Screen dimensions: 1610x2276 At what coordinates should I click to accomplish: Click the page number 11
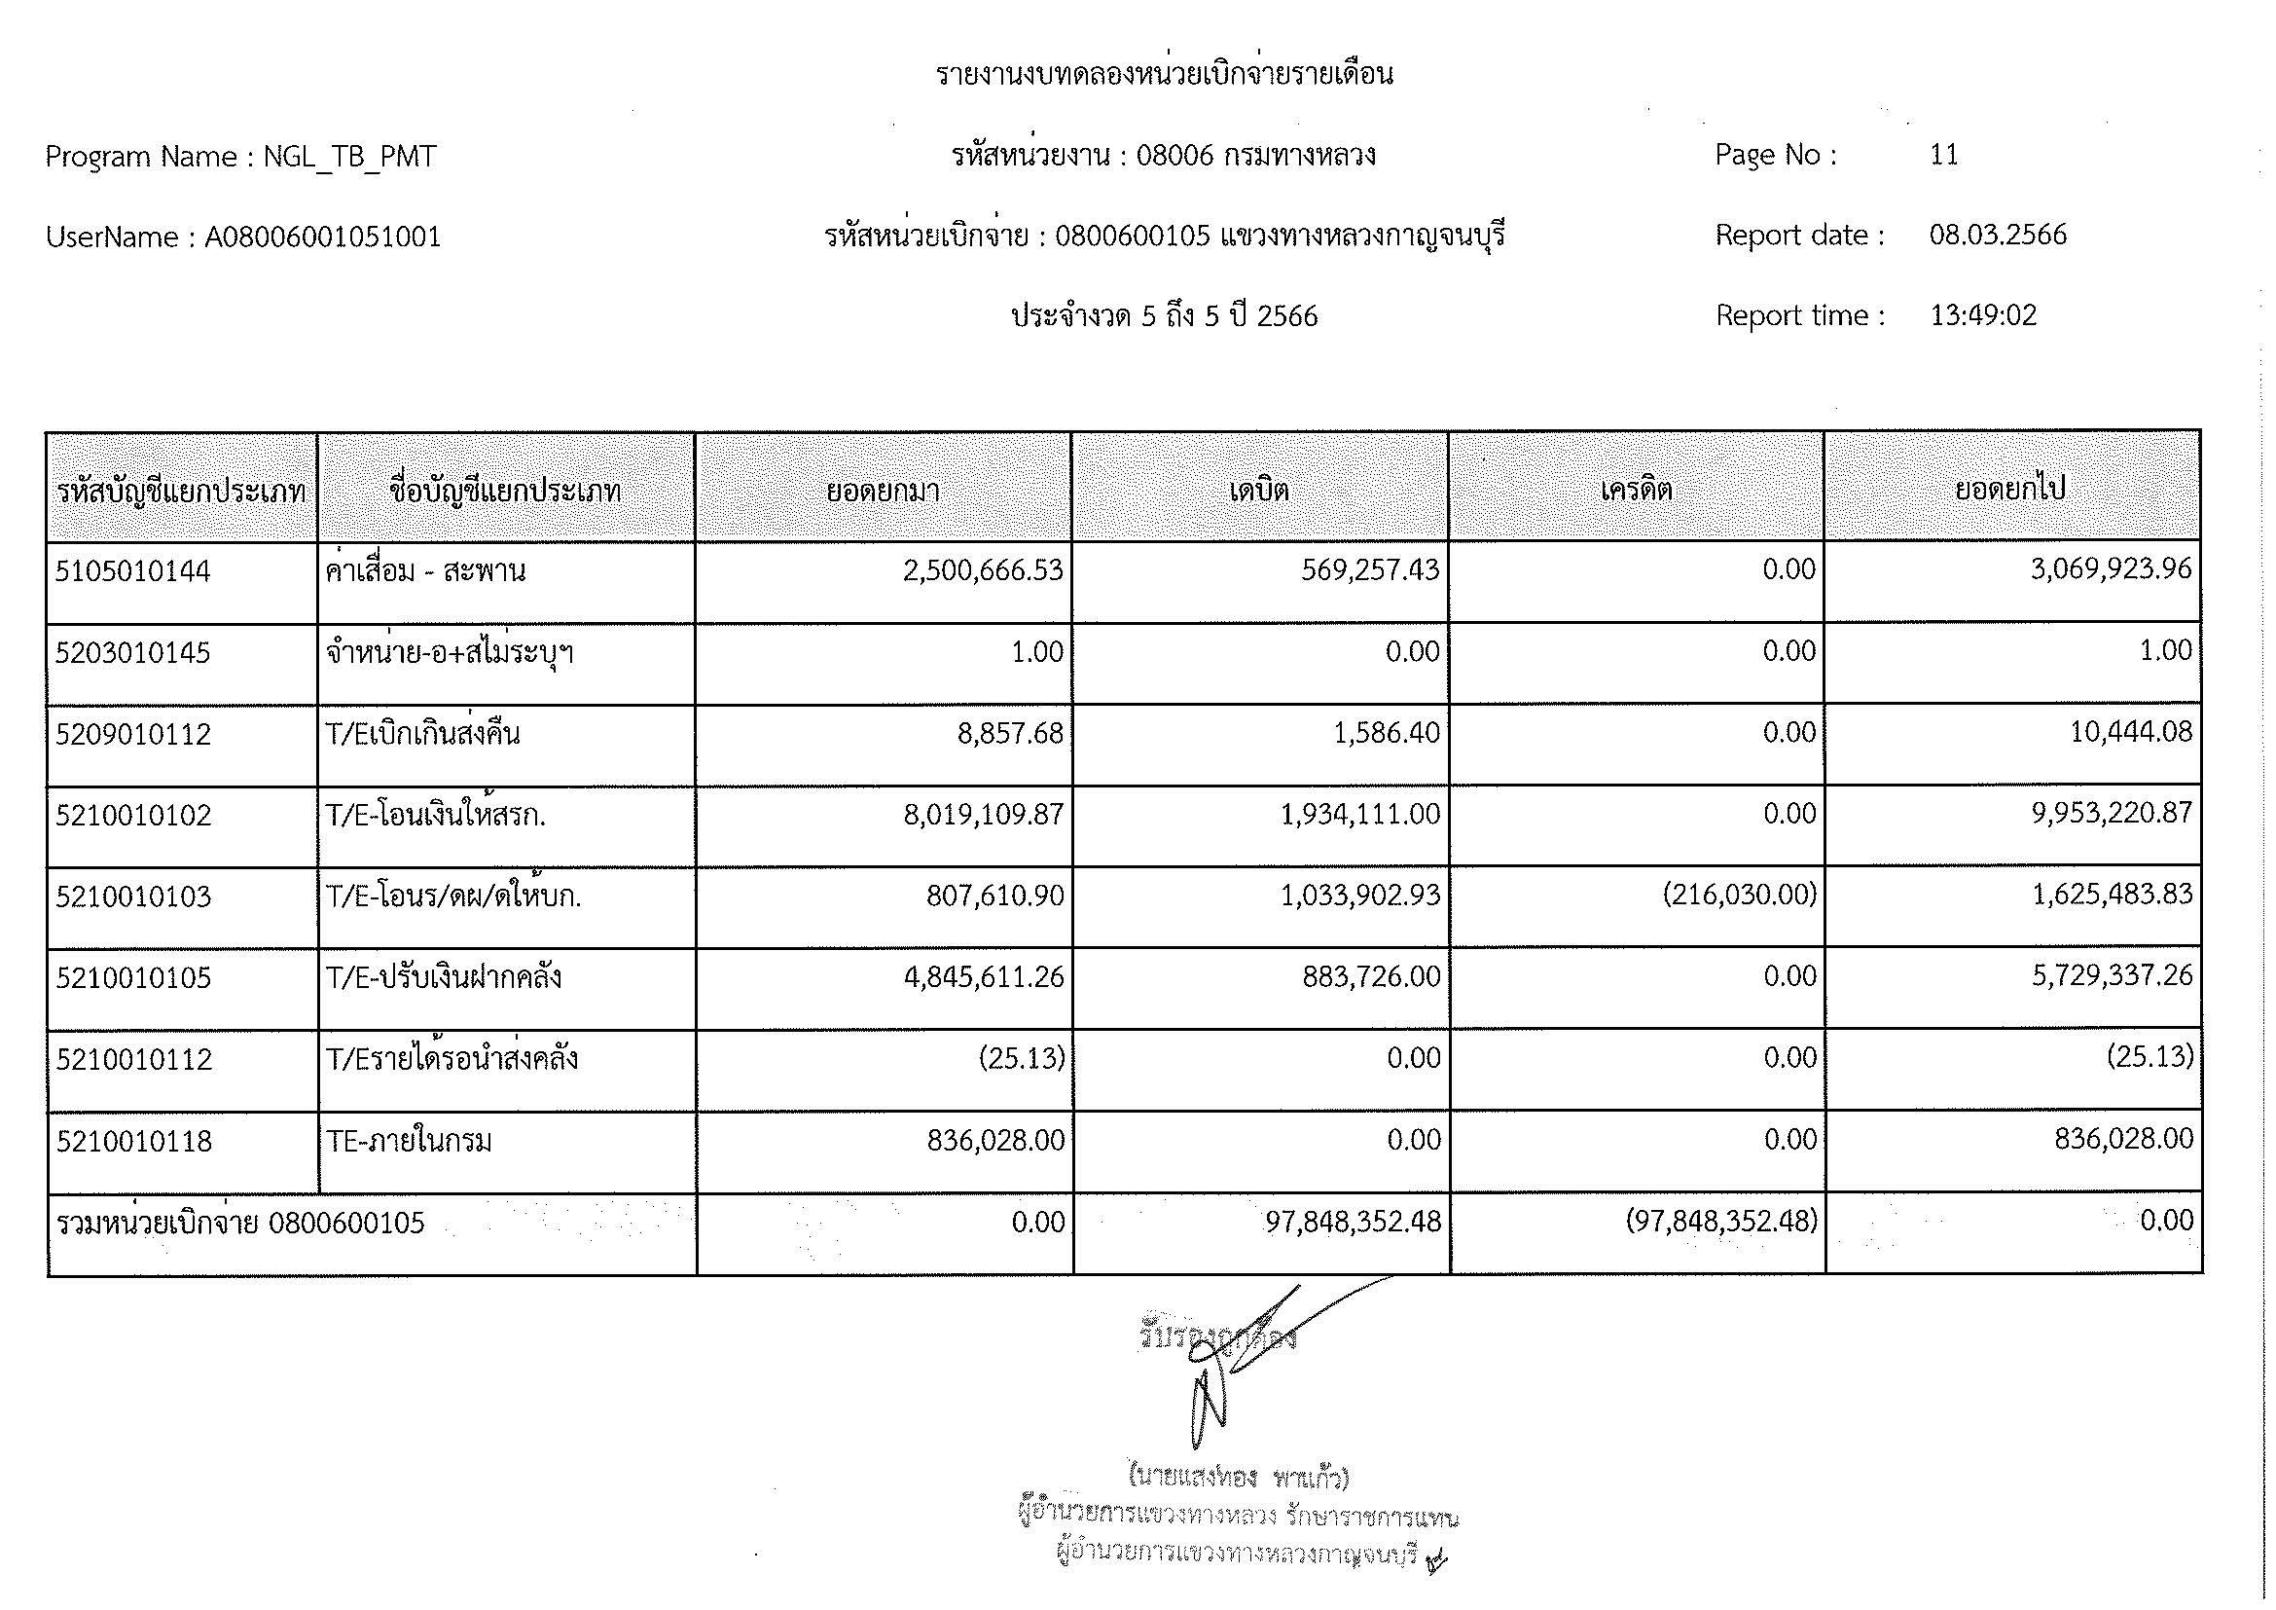(1943, 156)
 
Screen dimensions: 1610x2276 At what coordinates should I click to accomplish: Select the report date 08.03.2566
(1998, 236)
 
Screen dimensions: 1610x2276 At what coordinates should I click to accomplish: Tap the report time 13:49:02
(1982, 316)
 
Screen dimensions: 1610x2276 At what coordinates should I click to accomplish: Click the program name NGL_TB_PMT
(349, 158)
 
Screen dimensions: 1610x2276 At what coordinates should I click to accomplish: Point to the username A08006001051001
(322, 238)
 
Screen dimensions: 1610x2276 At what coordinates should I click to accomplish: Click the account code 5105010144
(133, 572)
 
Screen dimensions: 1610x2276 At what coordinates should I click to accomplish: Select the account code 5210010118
(134, 1142)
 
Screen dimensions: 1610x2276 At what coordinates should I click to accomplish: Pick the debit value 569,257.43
(1370, 570)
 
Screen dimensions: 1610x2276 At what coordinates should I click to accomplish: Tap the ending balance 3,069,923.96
(2111, 570)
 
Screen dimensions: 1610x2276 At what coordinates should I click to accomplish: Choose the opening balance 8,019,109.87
(983, 815)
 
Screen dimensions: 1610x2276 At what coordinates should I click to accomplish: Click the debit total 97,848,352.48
(1354, 1223)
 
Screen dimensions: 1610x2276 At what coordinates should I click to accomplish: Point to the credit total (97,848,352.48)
(1722, 1223)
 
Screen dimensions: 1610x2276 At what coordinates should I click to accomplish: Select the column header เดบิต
(1259, 491)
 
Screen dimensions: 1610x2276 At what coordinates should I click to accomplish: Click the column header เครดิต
(1637, 491)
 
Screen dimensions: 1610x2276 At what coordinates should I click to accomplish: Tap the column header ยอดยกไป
(2010, 491)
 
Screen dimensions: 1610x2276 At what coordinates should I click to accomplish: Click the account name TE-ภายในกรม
(410, 1142)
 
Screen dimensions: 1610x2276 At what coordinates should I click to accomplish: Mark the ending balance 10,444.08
(2130, 733)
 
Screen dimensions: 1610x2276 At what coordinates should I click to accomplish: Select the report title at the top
(1165, 74)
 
